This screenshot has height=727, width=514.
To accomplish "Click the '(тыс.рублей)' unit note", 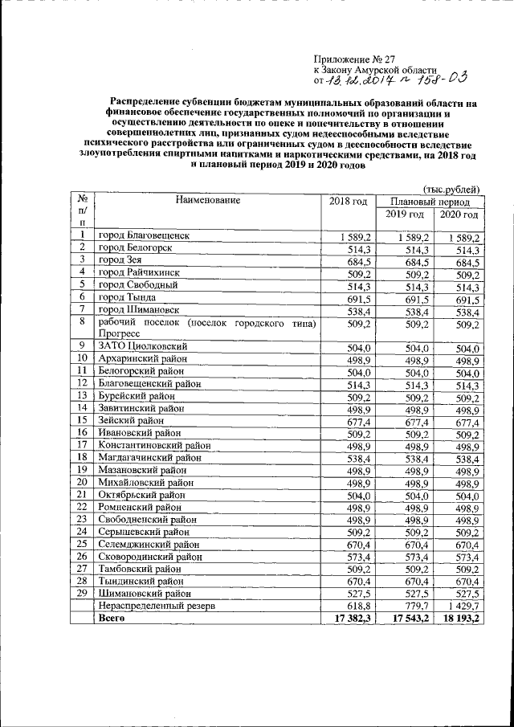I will pyautogui.click(x=453, y=187).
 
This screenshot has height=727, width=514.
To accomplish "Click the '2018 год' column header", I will pyautogui.click(x=348, y=201).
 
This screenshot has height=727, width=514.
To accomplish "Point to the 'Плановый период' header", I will pyautogui.click(x=429, y=202).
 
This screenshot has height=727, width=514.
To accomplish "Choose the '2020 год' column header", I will pyautogui.click(x=459, y=215).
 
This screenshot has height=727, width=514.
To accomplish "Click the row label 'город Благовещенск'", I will pyautogui.click(x=144, y=237).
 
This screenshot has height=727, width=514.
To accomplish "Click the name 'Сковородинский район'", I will pyautogui.click(x=149, y=556).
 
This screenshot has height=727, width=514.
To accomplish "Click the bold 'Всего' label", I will pyautogui.click(x=112, y=619).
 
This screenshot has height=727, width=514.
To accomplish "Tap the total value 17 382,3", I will pyautogui.click(x=348, y=619).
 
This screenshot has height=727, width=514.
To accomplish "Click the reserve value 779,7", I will pyautogui.click(x=416, y=607).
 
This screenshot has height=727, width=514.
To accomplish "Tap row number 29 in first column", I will pyautogui.click(x=82, y=593).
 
